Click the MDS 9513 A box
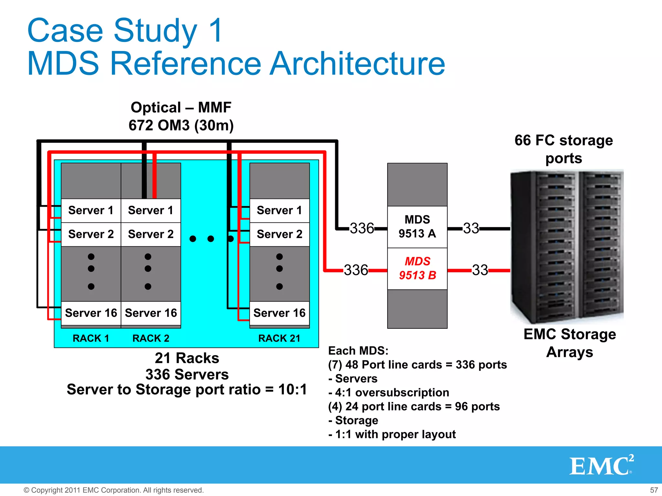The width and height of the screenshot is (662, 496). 417,227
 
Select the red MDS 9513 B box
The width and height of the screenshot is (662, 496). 417,268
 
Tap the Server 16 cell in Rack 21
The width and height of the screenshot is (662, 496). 279,313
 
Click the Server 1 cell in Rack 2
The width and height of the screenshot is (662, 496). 151,210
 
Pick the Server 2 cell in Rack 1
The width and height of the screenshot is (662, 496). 91,234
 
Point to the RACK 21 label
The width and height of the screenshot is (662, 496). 279,338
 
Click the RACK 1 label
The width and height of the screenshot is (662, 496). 91,338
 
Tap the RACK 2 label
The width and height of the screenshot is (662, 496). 151,338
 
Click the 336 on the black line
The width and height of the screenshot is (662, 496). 362,228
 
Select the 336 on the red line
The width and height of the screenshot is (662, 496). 356,270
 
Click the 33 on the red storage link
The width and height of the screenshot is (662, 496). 480,270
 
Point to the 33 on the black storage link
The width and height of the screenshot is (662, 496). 471,228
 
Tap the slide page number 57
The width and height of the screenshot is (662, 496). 654,490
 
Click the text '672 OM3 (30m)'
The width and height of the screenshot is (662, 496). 181,125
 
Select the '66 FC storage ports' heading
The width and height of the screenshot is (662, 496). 563,149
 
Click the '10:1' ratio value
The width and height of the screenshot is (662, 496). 292,389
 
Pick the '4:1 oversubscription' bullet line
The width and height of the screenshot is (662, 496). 389,392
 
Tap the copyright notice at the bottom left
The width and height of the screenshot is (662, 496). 113,490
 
